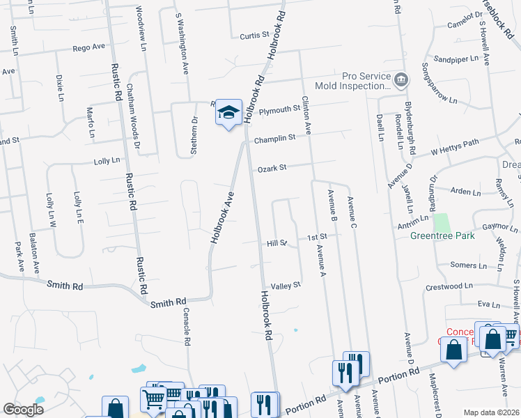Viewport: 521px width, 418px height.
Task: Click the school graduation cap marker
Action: pos(228,113)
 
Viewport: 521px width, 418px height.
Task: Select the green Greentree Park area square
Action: pos(442,222)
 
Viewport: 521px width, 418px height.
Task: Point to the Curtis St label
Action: pos(254,35)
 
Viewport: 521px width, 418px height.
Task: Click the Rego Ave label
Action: pos(88,47)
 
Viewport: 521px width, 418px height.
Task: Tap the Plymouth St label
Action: pos(279,110)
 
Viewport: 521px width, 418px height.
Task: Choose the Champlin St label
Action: pos(274,139)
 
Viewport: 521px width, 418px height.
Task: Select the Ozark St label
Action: pos(272,168)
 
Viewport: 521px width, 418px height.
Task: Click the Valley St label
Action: pos(286,286)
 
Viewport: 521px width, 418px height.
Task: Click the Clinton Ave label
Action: pos(306,116)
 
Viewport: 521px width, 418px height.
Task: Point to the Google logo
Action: pos(23,409)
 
